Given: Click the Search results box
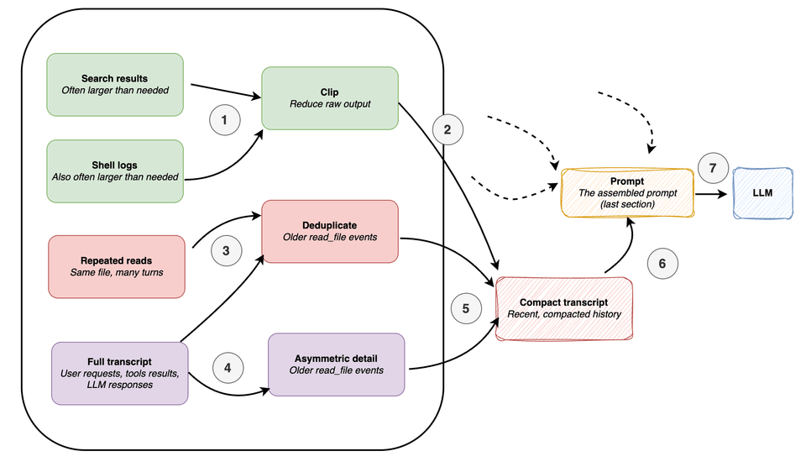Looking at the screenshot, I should [115, 85].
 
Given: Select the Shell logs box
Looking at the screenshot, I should [115, 171].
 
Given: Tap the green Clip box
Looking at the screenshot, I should [330, 98].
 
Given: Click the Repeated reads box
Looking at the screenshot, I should [117, 266].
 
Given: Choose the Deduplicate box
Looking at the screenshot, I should [330, 231].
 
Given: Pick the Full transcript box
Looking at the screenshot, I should [120, 372].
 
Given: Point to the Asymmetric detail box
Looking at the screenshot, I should [336, 364].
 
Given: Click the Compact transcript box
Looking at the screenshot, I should [563, 308].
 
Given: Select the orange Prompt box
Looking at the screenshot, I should [628, 192].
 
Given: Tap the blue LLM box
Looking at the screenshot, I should [763, 192].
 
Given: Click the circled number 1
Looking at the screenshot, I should [224, 121].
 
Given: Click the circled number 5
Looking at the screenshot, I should [467, 307].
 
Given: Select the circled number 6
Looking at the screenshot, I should [662, 263].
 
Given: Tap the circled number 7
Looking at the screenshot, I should [713, 168].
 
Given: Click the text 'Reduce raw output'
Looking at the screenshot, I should [329, 104].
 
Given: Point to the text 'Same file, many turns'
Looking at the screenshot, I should [117, 273].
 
